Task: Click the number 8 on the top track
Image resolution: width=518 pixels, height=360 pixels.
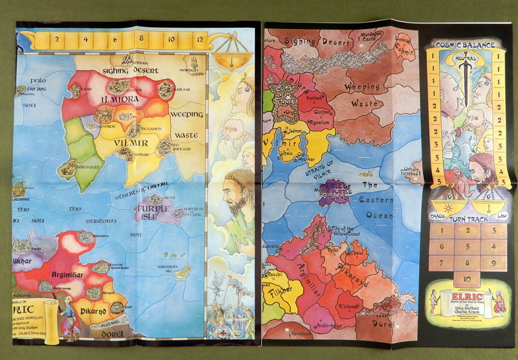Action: click(141, 39)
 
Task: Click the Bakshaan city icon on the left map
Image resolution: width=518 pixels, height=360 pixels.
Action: click(68, 169)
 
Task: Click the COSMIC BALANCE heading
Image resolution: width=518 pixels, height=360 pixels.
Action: click(465, 45)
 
